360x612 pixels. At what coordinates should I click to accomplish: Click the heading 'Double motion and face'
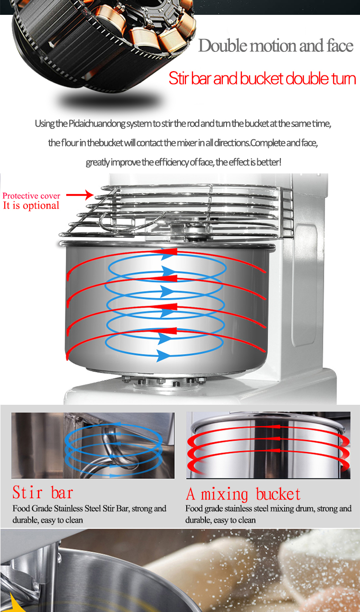[276, 46]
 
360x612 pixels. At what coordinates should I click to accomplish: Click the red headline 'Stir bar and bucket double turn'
[262, 78]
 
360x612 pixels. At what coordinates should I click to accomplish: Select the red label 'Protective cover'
[31, 196]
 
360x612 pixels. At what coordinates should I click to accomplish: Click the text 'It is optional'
[31, 206]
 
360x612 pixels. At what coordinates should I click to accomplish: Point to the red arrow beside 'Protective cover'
[80, 195]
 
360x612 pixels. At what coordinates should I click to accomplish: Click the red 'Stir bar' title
[43, 492]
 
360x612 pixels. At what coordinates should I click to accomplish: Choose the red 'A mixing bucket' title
[243, 494]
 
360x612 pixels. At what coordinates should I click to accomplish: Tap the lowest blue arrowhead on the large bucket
[163, 356]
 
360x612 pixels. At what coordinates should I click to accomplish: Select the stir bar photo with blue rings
[93, 445]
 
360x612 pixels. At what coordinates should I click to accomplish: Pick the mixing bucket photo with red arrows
[268, 445]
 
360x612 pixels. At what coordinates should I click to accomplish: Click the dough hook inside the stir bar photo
[115, 448]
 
